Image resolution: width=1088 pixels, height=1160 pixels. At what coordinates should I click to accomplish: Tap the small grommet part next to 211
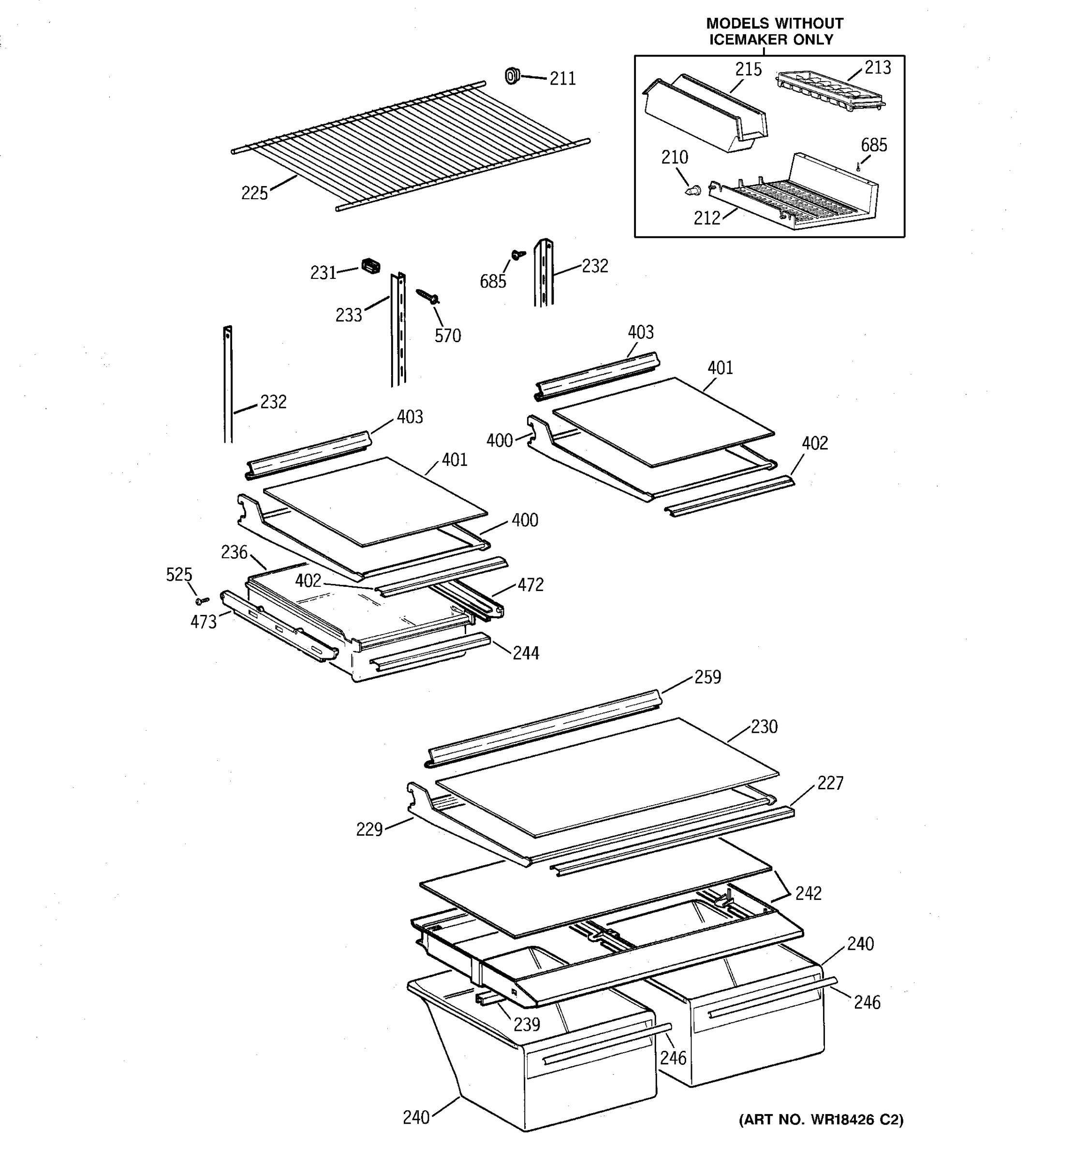(513, 75)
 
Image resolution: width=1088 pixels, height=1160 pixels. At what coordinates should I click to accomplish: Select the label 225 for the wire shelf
(254, 193)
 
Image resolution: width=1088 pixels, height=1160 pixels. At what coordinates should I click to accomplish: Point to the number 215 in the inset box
(748, 70)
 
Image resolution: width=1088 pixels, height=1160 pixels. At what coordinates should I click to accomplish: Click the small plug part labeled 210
(693, 189)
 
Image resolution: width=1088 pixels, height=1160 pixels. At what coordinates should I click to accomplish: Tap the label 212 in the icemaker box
(707, 218)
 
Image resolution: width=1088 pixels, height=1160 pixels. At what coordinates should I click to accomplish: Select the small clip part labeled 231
(371, 266)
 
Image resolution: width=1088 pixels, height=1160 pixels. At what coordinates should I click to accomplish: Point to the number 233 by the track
(349, 315)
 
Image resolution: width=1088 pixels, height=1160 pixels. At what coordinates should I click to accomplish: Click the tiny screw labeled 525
(203, 600)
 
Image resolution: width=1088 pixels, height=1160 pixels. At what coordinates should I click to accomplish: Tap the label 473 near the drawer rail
(203, 622)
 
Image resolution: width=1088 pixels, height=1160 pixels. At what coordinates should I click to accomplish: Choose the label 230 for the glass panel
(764, 726)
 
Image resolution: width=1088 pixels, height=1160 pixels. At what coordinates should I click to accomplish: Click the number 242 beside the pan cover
(808, 893)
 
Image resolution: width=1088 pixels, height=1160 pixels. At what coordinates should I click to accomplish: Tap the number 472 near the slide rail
(530, 585)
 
